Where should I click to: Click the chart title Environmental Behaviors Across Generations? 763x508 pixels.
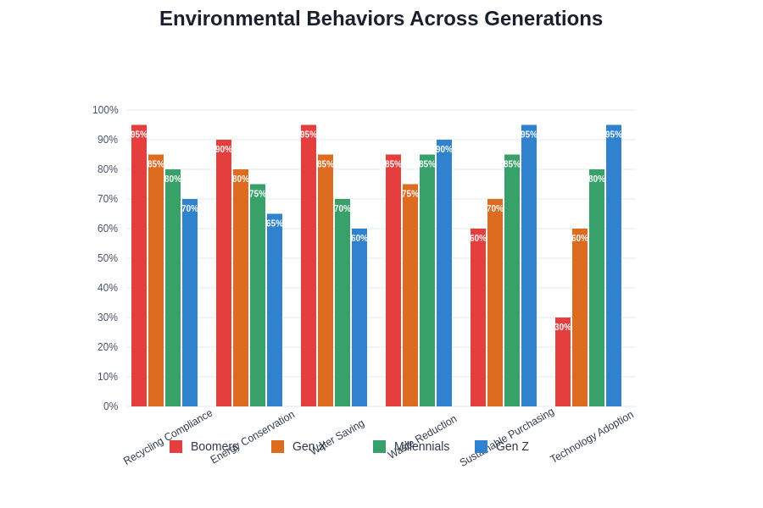(x=381, y=19)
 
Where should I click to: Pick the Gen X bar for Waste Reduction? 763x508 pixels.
(x=410, y=295)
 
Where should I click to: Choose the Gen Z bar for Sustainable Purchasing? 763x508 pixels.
(x=529, y=266)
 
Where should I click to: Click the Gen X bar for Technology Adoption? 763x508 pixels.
(x=580, y=317)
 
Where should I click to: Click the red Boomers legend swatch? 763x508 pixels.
(x=176, y=446)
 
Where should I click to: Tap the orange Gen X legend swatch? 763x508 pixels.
(x=278, y=446)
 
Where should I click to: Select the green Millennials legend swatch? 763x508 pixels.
(x=380, y=446)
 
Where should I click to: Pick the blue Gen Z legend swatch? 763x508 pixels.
(x=482, y=446)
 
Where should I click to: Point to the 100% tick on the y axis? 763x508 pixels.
(x=105, y=110)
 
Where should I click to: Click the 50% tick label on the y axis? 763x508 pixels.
(x=108, y=258)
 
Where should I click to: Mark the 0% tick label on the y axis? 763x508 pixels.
(x=111, y=406)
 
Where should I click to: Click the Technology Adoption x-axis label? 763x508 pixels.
(x=592, y=437)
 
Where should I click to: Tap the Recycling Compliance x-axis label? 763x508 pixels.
(x=168, y=437)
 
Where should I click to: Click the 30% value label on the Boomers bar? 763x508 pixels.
(x=563, y=327)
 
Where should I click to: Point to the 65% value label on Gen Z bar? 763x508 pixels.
(x=275, y=224)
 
